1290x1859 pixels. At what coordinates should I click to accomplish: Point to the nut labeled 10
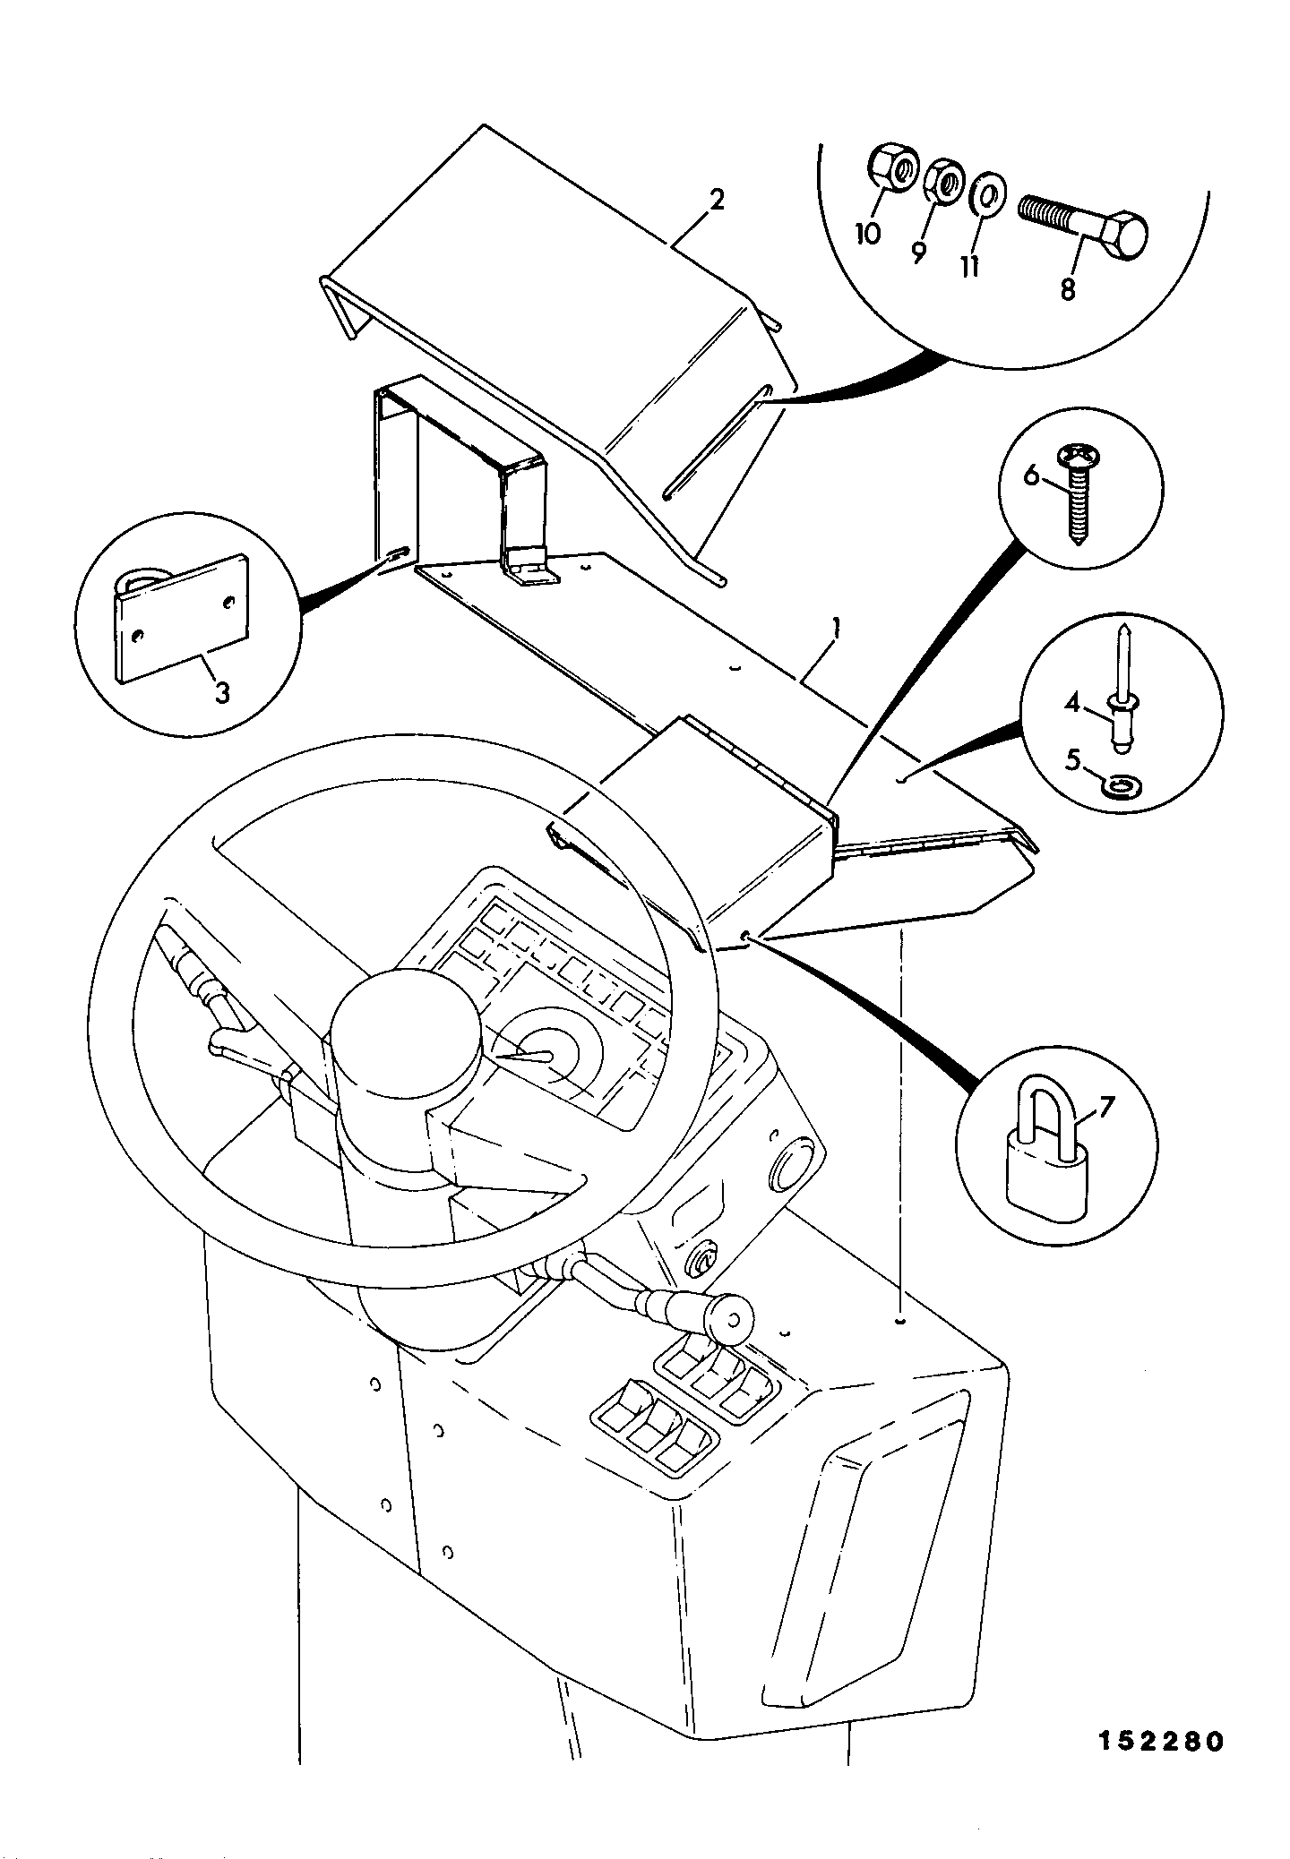point(892,168)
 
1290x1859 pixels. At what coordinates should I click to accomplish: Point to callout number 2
point(717,199)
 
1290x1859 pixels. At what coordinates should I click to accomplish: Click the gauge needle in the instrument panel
point(523,1056)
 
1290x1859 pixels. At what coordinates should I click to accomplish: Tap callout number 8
point(1067,291)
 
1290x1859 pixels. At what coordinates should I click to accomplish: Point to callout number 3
point(221,692)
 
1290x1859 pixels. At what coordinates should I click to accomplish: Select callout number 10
point(867,235)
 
